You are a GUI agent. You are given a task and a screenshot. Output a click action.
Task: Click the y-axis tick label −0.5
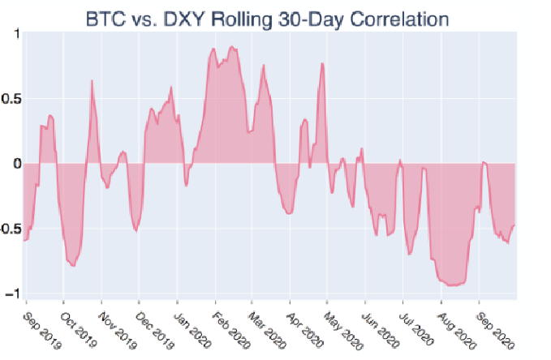[10, 229]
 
